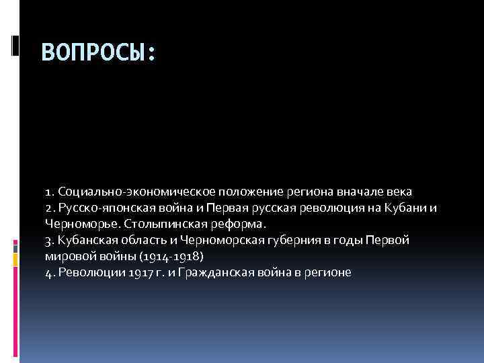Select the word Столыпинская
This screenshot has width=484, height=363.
pos(160,224)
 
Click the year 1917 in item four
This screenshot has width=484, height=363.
pos(127,272)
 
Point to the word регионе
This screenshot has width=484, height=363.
pos(327,272)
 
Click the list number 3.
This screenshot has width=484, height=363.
pos(48,240)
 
